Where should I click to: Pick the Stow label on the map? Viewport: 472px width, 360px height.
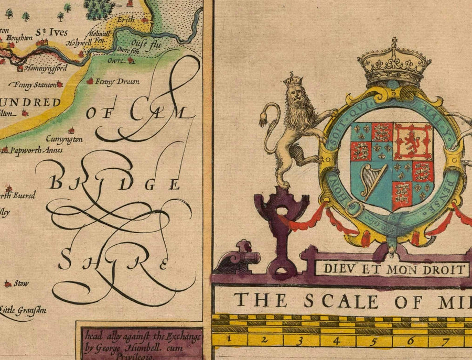click(22, 283)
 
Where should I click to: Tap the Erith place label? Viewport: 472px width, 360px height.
click(125, 19)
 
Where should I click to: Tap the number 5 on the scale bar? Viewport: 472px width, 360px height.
click(374, 341)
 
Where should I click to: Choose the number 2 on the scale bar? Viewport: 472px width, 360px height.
click(265, 340)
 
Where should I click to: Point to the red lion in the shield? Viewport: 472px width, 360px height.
click(412, 140)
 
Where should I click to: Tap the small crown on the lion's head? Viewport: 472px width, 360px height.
click(293, 80)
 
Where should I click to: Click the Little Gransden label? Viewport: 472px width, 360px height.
click(24, 310)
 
